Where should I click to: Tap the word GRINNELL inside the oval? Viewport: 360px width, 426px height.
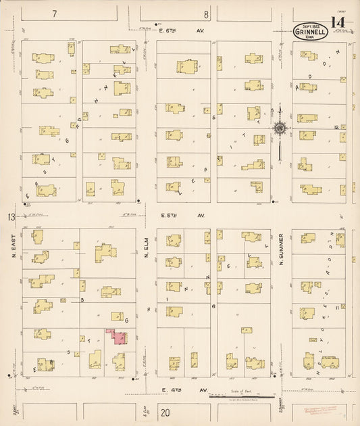[310, 30]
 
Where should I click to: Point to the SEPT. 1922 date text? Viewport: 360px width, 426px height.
[310, 24]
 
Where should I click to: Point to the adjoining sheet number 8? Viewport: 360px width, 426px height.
[207, 14]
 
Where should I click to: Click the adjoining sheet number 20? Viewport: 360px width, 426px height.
[165, 412]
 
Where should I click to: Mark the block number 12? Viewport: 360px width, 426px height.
[336, 127]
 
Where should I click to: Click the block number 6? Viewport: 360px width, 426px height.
[213, 306]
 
